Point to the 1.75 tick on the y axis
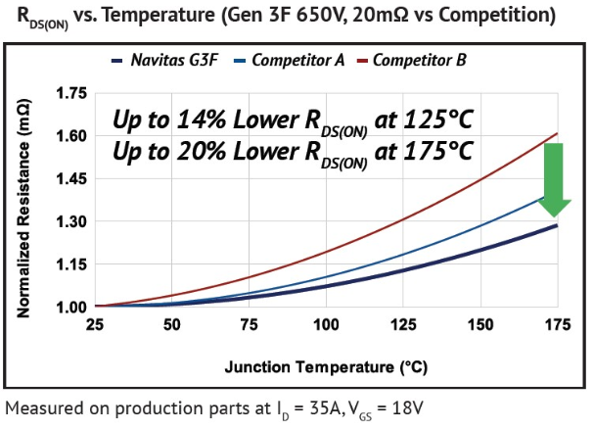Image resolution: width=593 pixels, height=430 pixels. tap(71, 94)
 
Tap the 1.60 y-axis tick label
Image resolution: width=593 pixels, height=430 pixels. tap(71, 137)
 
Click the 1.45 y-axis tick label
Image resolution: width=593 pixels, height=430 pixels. tap(71, 179)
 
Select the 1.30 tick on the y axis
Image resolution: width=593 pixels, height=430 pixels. tap(71, 222)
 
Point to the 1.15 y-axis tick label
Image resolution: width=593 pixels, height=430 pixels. tap(71, 264)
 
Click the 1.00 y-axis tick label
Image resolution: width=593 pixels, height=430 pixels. tap(71, 308)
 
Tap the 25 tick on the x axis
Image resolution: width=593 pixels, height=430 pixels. tap(95, 325)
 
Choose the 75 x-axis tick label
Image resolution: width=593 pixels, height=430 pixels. tap(249, 325)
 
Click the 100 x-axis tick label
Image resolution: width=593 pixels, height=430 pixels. tap(325, 325)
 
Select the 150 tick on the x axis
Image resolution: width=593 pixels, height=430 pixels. tap(479, 325)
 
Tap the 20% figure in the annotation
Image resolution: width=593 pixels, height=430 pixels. tap(205, 152)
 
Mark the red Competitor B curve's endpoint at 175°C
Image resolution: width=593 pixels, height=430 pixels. tap(556, 133)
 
